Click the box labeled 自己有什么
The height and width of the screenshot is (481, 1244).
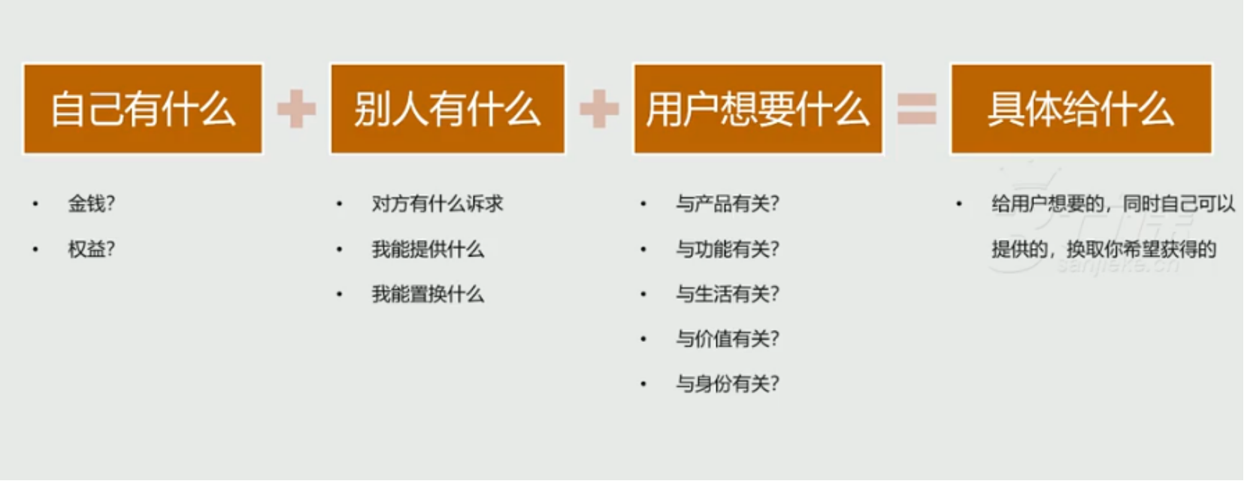pyautogui.click(x=143, y=109)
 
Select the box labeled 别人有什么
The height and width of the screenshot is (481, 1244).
pyautogui.click(x=448, y=109)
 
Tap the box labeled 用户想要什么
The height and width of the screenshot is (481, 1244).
pyautogui.click(x=758, y=109)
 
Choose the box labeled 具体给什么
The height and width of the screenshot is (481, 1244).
pyautogui.click(x=1082, y=109)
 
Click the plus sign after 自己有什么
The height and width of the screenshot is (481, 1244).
pyautogui.click(x=297, y=109)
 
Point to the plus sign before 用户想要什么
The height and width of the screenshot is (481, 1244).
pyautogui.click(x=599, y=109)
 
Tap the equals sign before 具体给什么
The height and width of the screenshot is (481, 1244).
pyautogui.click(x=917, y=109)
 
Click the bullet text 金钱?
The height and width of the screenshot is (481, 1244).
pyautogui.click(x=92, y=204)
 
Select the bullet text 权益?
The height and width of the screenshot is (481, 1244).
pyautogui.click(x=92, y=250)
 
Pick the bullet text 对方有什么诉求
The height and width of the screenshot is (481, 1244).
pyautogui.click(x=437, y=204)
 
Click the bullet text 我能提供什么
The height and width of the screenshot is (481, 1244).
pyautogui.click(x=428, y=250)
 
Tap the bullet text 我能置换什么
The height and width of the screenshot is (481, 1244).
pyautogui.click(x=428, y=295)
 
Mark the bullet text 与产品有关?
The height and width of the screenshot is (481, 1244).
pyautogui.click(x=728, y=204)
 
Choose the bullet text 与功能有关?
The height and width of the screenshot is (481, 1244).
pyautogui.click(x=728, y=250)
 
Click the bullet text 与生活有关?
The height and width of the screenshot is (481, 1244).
pyautogui.click(x=728, y=295)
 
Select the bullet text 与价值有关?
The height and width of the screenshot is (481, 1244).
pyautogui.click(x=728, y=339)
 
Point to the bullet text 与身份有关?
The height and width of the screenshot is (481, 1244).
pyautogui.click(x=728, y=384)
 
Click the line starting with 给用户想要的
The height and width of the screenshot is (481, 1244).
pyautogui.click(x=1113, y=204)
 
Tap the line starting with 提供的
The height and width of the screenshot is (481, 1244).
pyautogui.click(x=1104, y=250)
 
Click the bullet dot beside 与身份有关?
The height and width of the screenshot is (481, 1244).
pyautogui.click(x=643, y=384)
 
